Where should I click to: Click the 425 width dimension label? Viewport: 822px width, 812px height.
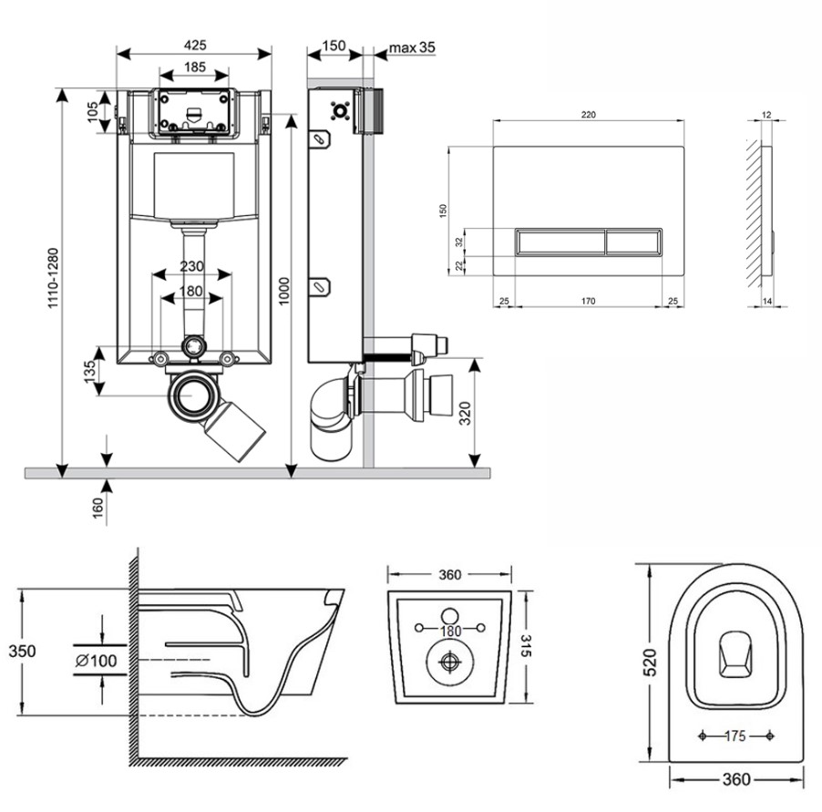194,45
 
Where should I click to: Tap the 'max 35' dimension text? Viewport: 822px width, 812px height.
413,47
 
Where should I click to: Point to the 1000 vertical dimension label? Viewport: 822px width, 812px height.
283,290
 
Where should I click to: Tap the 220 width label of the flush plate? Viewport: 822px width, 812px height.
588,115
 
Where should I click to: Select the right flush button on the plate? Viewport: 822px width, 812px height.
632,242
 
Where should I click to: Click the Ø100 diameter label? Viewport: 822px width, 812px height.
97,660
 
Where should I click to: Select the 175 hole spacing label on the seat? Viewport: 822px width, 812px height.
736,735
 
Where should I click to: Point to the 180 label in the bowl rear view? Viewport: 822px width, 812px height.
448,630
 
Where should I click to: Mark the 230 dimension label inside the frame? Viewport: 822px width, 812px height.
191,267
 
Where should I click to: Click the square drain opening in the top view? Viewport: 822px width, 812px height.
735,655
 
